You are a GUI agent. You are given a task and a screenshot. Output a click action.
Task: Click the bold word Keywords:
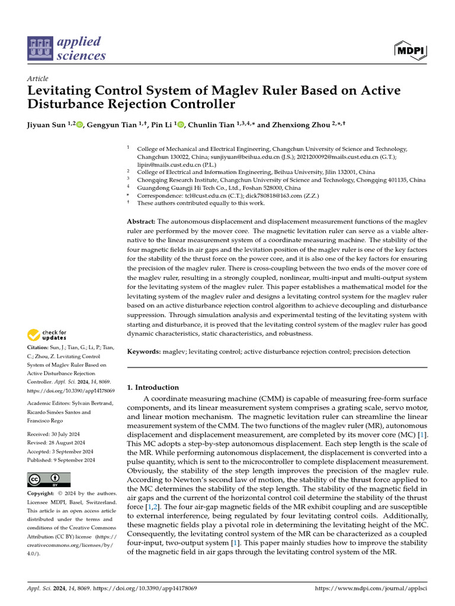click(144, 352)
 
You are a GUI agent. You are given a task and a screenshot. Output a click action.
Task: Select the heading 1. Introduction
click(153, 388)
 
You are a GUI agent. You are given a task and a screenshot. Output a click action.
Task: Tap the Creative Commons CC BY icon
click(49, 479)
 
